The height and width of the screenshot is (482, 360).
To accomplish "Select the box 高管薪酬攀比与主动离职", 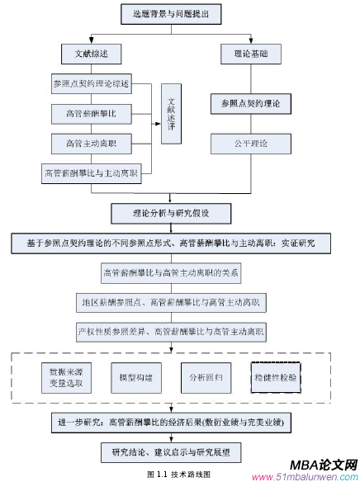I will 92,174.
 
